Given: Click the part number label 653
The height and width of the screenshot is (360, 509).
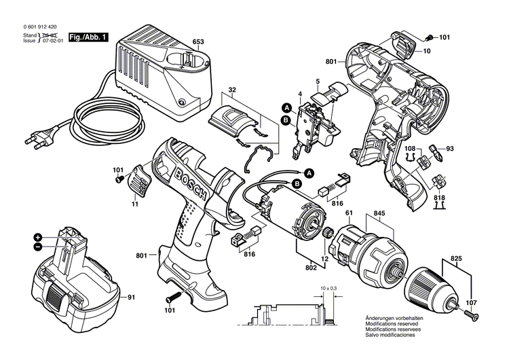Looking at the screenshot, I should coord(197,42).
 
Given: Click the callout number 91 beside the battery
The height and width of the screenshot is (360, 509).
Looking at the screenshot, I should coord(132,296).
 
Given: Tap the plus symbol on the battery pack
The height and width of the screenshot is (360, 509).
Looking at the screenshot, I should coord(37,237).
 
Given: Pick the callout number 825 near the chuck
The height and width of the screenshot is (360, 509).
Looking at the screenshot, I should coord(455,259).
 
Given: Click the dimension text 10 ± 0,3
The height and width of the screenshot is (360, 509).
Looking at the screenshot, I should coord(328,289).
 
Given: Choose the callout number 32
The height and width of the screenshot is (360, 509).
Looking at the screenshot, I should coord(231,90).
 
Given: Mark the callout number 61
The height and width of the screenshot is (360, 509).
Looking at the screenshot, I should coord(350,215).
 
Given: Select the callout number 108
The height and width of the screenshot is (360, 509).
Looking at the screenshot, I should coord(410,148).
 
